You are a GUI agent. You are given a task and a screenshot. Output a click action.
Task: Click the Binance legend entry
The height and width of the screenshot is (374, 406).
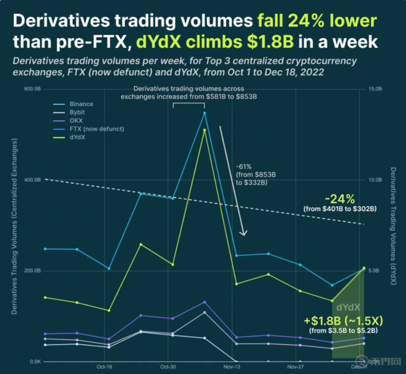[81, 104]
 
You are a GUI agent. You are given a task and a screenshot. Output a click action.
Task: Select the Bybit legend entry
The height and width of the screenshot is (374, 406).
[78, 112]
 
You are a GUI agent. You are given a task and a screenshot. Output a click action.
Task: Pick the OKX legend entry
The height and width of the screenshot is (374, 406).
[76, 121]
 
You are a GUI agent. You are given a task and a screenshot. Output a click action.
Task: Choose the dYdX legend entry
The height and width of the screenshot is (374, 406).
[77, 137]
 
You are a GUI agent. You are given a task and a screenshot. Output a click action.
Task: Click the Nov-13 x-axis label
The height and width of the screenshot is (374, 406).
[231, 367]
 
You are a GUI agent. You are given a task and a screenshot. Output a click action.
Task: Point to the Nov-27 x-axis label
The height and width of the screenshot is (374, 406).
[295, 367]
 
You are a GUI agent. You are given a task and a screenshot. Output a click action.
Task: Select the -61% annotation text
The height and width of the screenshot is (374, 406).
[243, 166]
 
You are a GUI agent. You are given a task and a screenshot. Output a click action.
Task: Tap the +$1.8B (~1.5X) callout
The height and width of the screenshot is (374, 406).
[343, 321]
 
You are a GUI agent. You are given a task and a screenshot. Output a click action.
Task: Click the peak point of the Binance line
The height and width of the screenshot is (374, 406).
[205, 113]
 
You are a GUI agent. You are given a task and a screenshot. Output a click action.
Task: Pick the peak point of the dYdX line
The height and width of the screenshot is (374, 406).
[205, 130]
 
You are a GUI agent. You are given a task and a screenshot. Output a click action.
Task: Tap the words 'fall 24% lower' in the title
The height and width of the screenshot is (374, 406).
[317, 21]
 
